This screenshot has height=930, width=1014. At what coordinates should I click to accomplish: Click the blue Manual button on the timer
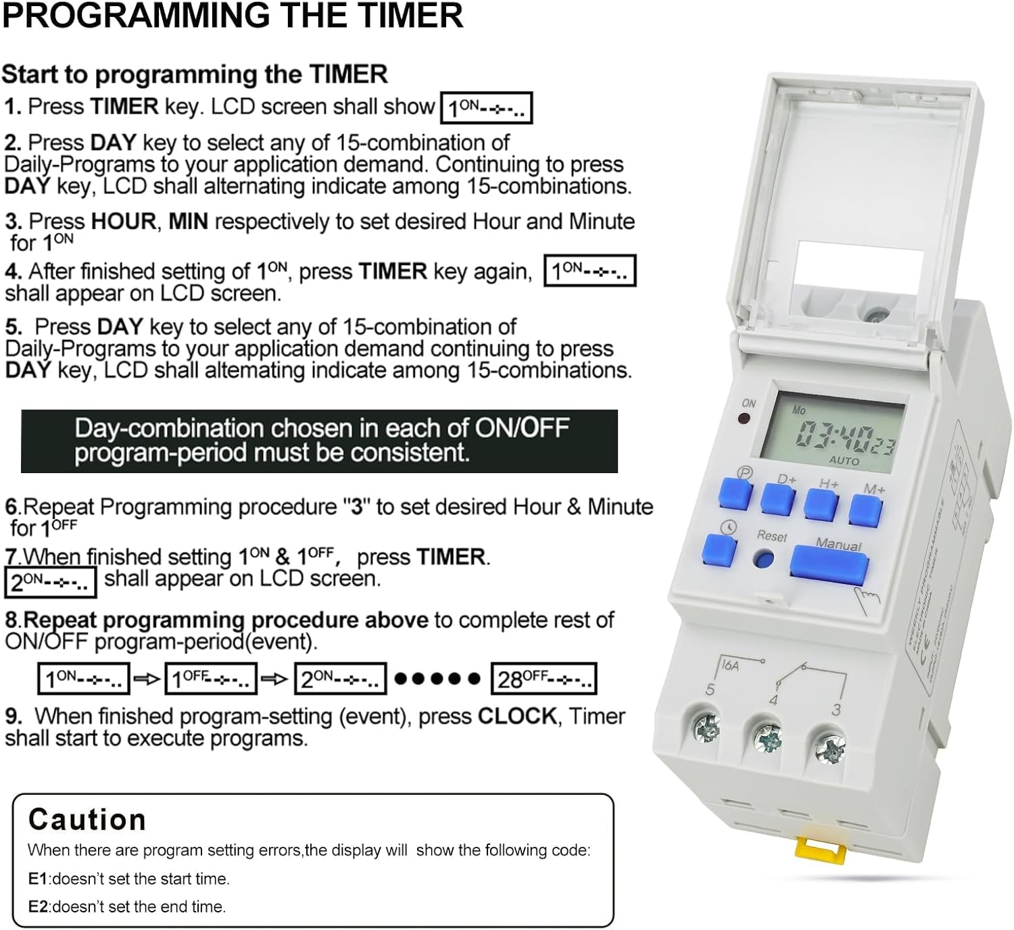click(x=829, y=565)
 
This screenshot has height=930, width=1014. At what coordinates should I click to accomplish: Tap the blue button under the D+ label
click(x=777, y=499)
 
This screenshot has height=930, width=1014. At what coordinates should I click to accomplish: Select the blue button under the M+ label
click(x=865, y=511)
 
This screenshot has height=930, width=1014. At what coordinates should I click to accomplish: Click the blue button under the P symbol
click(x=735, y=493)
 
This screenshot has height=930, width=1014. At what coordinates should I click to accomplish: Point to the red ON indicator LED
click(x=744, y=419)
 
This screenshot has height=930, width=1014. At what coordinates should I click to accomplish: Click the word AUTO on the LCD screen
click(x=844, y=460)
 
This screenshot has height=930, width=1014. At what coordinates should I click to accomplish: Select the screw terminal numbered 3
click(x=830, y=748)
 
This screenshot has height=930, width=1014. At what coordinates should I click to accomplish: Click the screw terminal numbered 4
click(x=767, y=738)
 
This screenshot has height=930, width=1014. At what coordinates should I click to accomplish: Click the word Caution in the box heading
click(x=87, y=820)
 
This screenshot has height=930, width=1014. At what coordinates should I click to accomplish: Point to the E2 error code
click(x=38, y=906)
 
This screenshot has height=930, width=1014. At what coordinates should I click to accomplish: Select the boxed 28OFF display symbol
click(x=544, y=679)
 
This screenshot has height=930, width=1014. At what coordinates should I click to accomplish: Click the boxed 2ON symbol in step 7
click(x=51, y=582)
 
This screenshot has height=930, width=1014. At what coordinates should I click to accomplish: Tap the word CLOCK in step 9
click(x=517, y=716)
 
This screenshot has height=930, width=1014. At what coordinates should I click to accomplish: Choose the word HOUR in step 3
click(x=124, y=221)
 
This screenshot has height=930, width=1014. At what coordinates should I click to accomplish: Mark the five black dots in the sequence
click(x=437, y=679)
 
